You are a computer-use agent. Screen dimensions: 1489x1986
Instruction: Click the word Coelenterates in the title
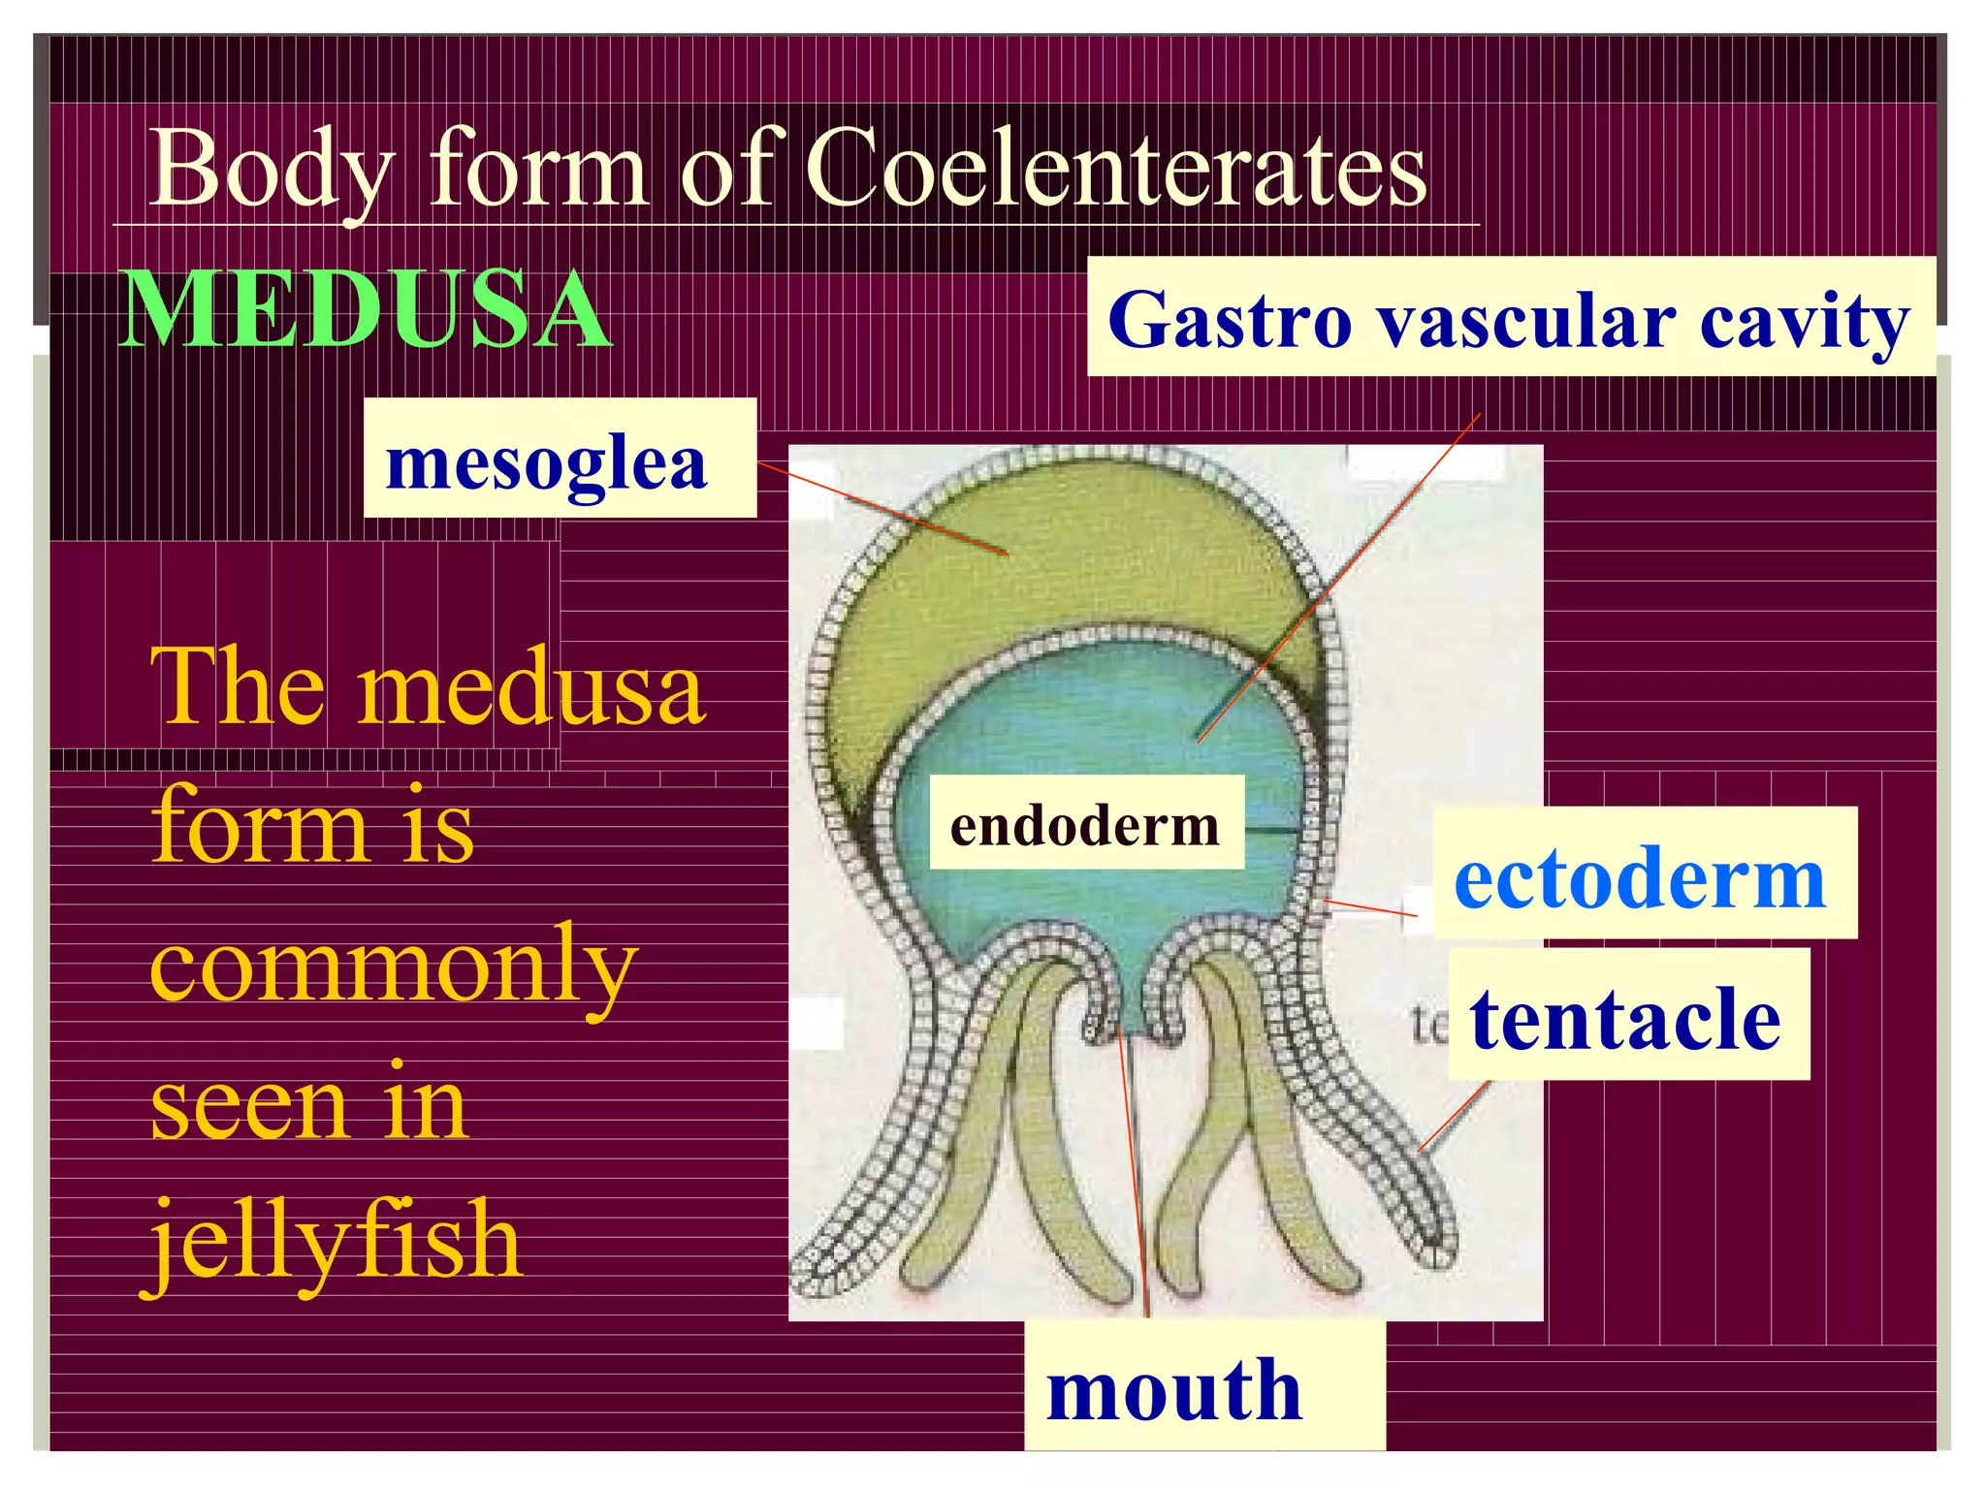(1115, 170)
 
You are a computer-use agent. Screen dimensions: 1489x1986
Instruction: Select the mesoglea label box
(560, 459)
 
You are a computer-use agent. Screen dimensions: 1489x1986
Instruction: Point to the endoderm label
(1085, 825)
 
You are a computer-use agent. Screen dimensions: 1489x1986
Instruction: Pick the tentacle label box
(1628, 1017)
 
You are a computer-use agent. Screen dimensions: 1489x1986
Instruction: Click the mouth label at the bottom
(1175, 1388)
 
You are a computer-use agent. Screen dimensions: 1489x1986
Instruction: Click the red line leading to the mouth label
(1135, 1183)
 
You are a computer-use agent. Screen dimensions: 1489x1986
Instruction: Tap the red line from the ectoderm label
(1369, 908)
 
